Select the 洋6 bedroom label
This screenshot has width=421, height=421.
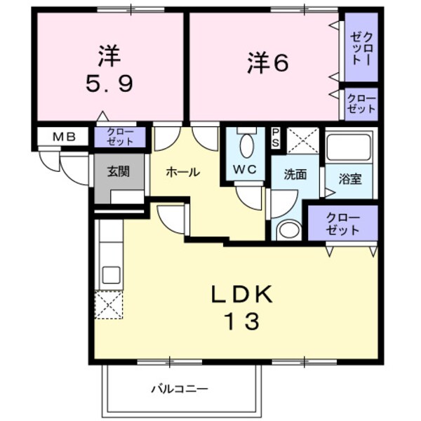(267, 64)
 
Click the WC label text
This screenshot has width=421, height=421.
(243, 169)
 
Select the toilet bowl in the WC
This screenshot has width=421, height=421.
(246, 145)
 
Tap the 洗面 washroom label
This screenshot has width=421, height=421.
(295, 175)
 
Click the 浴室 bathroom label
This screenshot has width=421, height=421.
(351, 178)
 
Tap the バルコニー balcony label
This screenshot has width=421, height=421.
(180, 387)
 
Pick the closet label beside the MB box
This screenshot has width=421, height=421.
(120, 136)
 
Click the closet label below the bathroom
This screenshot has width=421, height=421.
(344, 223)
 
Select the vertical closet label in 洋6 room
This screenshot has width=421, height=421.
(362, 48)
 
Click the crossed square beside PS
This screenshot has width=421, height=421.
(303, 141)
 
